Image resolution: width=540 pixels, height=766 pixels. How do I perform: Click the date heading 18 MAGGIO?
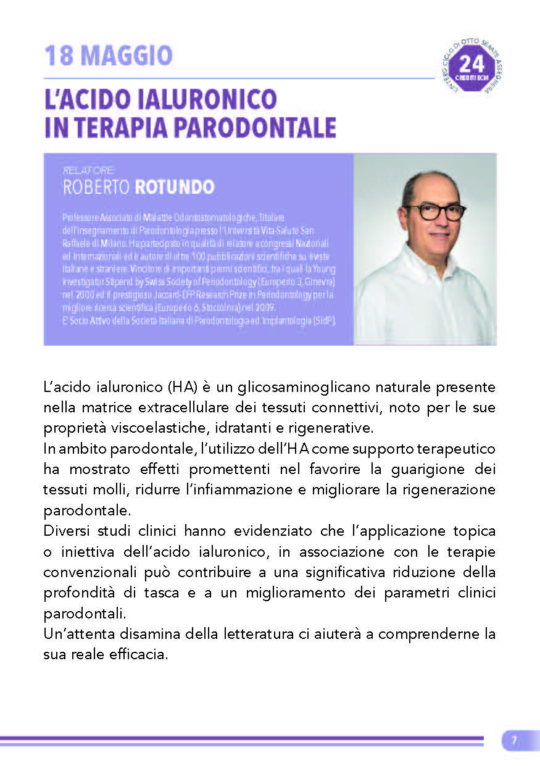point(109,57)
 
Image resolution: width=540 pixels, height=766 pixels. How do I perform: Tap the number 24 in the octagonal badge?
point(472,64)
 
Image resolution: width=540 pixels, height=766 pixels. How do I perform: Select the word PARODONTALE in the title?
point(254,127)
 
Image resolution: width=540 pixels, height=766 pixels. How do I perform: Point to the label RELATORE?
point(89,170)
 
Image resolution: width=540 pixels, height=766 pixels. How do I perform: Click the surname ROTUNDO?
point(174,187)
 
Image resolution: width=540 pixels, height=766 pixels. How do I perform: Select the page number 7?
point(513,741)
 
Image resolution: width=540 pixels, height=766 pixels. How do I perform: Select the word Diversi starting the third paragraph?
point(65,531)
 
